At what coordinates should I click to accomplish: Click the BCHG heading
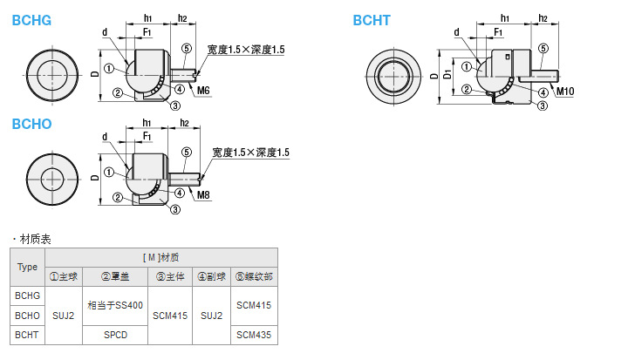31,20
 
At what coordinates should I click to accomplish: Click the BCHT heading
372,20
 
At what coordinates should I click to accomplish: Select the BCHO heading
31,124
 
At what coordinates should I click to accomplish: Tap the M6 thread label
203,91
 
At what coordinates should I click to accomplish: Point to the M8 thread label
203,195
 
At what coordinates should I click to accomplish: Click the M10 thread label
565,92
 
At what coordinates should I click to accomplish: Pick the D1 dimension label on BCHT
447,74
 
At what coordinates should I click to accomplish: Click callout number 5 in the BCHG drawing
187,49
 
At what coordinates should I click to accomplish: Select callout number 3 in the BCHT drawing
543,106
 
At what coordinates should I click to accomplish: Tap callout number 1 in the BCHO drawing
109,173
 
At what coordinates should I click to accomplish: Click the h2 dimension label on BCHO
184,123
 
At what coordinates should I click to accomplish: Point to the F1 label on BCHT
498,32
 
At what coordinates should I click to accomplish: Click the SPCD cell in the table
115,335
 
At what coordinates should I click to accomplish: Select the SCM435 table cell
254,335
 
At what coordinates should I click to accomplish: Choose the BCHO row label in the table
27,316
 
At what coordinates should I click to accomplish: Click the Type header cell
27,267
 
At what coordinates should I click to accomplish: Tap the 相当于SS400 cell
115,305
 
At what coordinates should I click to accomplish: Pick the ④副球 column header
211,276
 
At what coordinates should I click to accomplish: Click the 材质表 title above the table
35,239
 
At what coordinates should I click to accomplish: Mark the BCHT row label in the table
27,335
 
